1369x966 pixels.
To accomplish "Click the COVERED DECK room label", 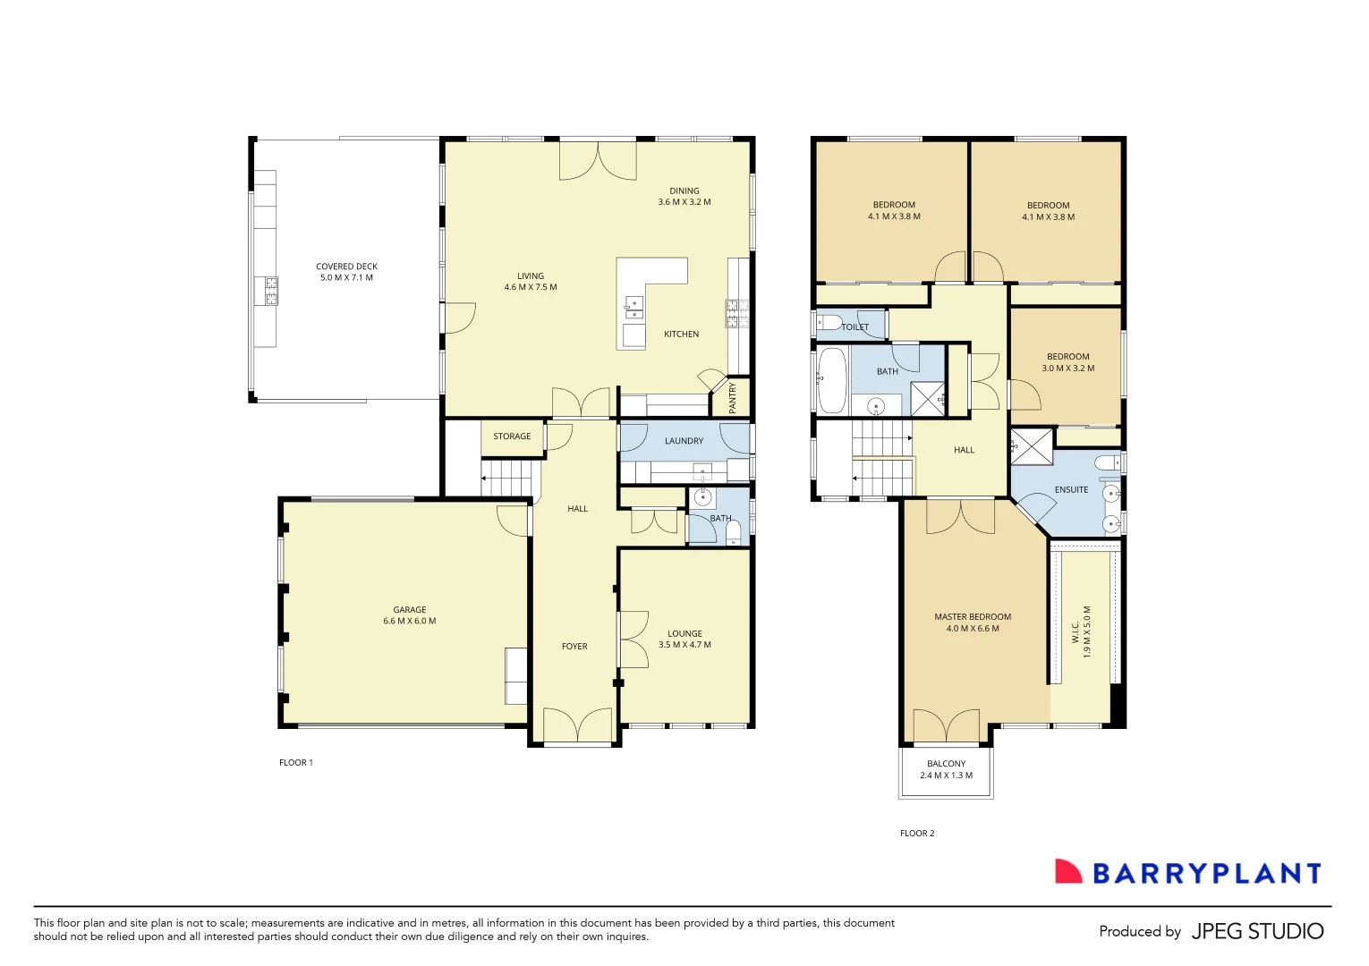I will [x=346, y=267].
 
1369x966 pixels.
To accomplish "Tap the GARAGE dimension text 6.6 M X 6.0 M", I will [x=410, y=621].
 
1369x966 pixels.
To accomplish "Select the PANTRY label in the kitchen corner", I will [x=732, y=397].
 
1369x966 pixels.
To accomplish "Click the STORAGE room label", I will [x=512, y=436].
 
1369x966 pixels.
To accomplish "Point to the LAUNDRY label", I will [x=684, y=441].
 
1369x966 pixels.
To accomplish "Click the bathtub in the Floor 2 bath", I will [x=832, y=380].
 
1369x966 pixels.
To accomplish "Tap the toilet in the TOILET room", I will [x=829, y=322].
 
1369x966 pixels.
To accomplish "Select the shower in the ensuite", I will [x=1032, y=446].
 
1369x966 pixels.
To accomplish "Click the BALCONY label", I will [x=946, y=764].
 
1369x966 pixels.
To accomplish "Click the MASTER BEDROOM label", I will [x=973, y=617].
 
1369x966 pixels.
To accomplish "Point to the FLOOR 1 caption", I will [x=296, y=763].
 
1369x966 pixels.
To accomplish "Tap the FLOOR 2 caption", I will [x=917, y=833].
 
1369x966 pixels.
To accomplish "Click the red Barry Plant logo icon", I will [x=1068, y=872].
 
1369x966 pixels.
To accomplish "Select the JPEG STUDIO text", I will [x=1257, y=931].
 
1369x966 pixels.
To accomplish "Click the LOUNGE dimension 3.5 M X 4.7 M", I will [x=684, y=645].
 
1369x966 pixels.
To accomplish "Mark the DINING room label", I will [x=684, y=191].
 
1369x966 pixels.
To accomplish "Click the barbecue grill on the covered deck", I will [x=270, y=291].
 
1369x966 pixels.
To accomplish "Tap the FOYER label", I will [x=574, y=647].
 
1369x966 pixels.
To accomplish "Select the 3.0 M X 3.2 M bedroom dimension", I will [x=1067, y=369].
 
